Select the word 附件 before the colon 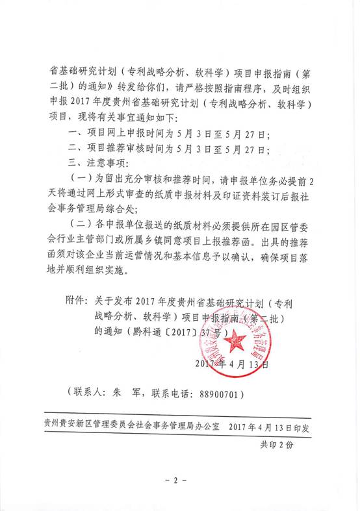pyautogui.click(x=76, y=303)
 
